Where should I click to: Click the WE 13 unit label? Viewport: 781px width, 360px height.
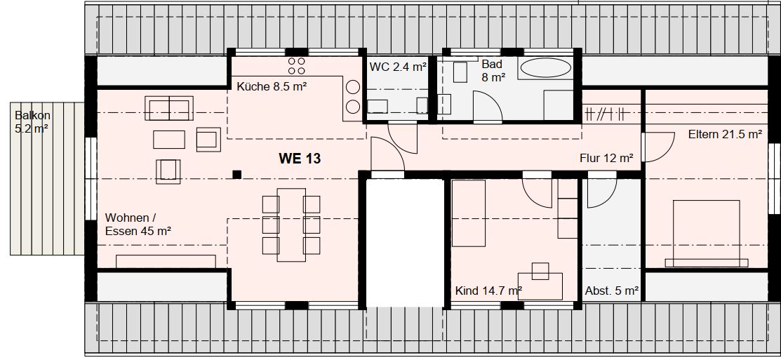300,159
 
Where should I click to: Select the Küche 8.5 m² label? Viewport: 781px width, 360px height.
272,86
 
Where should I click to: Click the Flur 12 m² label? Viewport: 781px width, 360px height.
606,159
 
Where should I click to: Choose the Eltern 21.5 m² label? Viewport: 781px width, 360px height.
726,135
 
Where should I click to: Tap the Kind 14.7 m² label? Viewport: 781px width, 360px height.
488,291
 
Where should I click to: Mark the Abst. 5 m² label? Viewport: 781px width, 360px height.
612,291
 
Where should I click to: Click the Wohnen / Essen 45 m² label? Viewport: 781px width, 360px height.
138,224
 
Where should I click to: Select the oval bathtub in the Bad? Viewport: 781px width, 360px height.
545,67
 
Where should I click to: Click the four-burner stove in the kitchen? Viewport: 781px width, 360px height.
296,66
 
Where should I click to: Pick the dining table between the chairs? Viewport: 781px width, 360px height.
291,225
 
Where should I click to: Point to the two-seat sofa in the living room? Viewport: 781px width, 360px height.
169,109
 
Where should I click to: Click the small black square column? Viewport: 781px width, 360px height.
237,174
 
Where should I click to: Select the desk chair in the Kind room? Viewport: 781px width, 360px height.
540,271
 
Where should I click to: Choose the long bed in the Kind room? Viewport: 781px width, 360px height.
468,213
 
